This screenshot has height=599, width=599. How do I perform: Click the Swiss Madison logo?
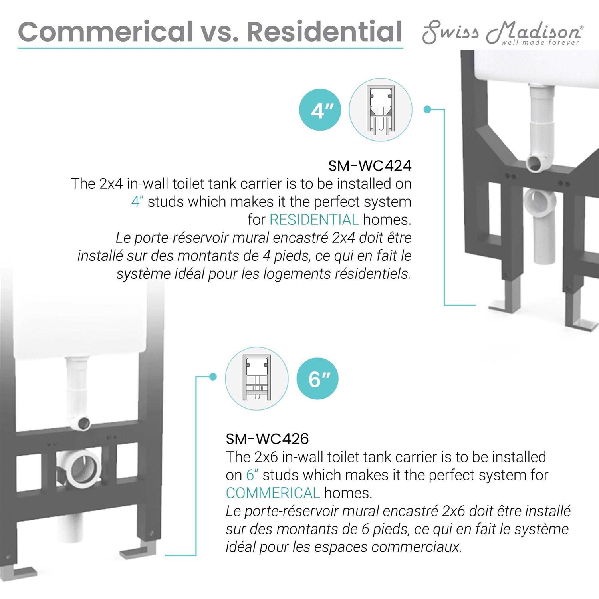point(502,34)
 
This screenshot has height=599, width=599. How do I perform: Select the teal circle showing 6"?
point(317,378)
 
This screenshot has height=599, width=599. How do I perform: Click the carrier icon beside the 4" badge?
point(381,110)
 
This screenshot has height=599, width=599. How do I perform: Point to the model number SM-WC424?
point(370,165)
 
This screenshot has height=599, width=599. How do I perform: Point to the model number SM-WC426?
point(268,438)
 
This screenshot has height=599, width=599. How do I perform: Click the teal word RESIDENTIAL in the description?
point(314,220)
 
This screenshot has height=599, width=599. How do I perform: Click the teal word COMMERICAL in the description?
point(273,493)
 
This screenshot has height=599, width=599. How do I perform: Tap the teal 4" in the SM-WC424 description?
point(137,202)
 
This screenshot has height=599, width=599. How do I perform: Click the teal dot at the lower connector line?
point(213,377)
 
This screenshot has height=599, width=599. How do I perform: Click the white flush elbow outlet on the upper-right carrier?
point(535,161)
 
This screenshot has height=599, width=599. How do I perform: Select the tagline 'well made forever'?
point(540,42)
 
